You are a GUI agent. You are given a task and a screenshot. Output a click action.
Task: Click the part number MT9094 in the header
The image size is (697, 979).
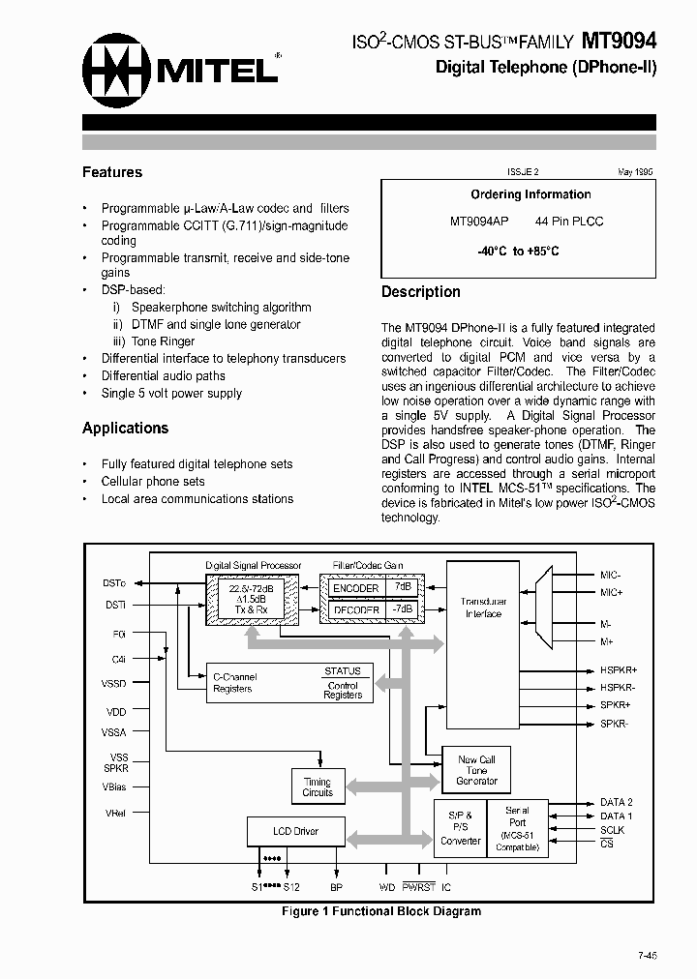coord(619,42)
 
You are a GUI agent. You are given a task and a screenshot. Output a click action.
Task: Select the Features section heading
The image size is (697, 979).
coord(112,172)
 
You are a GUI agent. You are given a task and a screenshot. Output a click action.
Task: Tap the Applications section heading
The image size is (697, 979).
coord(125,428)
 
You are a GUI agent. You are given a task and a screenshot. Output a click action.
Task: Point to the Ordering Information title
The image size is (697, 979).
coord(530,194)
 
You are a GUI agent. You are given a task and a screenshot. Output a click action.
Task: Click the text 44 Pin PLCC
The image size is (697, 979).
coord(568,222)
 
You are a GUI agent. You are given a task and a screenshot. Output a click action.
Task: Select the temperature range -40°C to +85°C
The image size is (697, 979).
coord(518,251)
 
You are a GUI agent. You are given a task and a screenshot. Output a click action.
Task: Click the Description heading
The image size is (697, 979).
coord(420,291)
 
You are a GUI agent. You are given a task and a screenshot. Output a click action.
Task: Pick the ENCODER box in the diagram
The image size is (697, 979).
coord(355,588)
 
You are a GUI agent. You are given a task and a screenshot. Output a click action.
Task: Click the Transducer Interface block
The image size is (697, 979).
coord(483,608)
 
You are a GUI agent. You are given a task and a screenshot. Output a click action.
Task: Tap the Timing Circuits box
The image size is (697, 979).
coord(318,786)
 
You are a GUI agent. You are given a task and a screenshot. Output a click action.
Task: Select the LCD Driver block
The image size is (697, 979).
coord(295,831)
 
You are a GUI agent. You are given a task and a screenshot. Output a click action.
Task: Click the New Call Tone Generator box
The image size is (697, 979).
coord(476,770)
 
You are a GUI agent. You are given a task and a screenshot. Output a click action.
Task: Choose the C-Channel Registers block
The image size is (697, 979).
coord(234,682)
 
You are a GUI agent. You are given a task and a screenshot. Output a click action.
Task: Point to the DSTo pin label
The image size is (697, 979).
coord(113,582)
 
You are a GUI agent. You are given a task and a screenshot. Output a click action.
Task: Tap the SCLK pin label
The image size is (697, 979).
coord(613,830)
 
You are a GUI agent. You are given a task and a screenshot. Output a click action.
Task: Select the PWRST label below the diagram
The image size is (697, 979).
coord(419,886)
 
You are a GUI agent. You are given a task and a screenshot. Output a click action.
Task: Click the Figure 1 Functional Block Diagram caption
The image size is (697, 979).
coord(380,911)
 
